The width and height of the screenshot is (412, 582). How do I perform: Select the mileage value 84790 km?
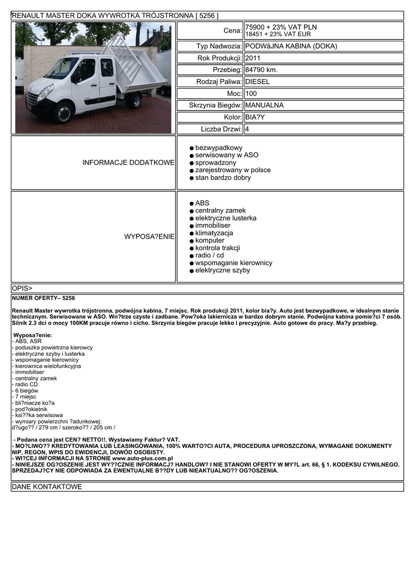tap(261, 70)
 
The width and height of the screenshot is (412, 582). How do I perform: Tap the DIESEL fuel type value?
tap(257, 82)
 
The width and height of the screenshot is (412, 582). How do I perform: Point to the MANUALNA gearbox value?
tap(264, 105)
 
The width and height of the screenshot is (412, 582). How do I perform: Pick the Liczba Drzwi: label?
tap(221, 129)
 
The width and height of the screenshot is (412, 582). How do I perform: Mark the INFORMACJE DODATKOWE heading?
tap(128, 163)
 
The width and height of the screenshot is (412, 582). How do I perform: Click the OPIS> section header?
tap(22, 288)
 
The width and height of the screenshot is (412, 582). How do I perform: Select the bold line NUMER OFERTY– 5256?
tap(43, 298)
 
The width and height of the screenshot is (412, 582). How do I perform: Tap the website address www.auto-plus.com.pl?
tap(143, 458)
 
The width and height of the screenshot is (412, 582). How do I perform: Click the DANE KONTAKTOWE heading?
tap(47, 487)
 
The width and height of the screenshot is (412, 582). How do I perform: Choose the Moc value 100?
tap(251, 93)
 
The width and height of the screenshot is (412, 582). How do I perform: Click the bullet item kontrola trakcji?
tap(217, 248)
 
